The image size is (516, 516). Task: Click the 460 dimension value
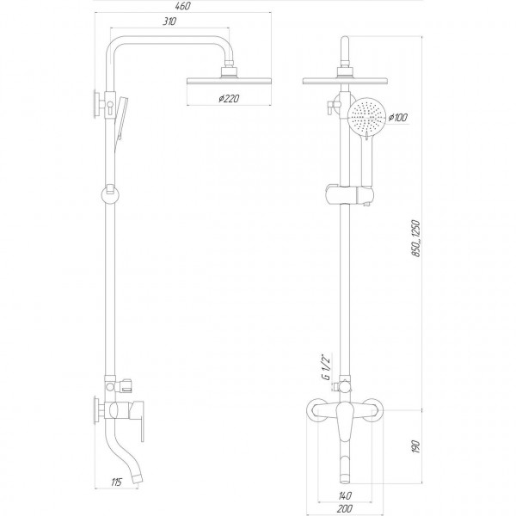[x=183, y=6]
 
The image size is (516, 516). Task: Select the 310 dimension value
[x=169, y=21]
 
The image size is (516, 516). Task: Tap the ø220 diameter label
[x=229, y=98]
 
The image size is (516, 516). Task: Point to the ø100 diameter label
[x=398, y=117]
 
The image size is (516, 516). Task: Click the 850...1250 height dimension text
[x=416, y=238]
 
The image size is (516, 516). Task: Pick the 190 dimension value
[x=416, y=446]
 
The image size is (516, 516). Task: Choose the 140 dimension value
[x=345, y=495]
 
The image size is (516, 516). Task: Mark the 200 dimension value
[x=345, y=508]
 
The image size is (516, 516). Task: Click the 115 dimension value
[x=116, y=482]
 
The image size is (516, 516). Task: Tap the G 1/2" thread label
[x=326, y=367]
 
